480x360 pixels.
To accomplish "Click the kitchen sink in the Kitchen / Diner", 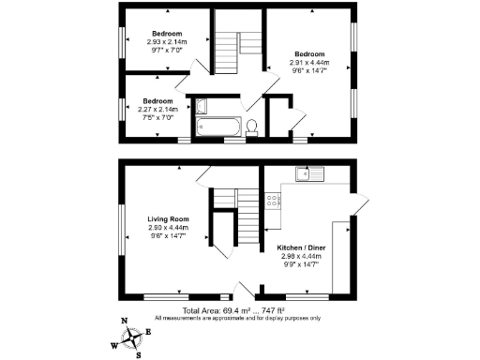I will point(307,173).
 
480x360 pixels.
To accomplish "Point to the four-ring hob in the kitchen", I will point(272,199).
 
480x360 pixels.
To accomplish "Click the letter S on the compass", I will point(139,352).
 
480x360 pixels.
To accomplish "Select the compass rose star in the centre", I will point(130,337).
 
